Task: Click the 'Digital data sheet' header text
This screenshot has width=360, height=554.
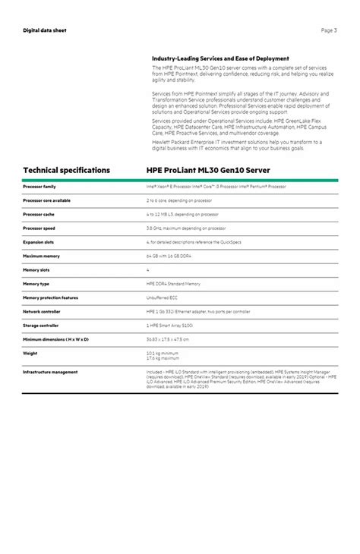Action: coord(45,30)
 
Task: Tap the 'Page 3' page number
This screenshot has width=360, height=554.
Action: coord(329,30)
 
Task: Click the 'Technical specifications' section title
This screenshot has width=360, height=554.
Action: coord(67,170)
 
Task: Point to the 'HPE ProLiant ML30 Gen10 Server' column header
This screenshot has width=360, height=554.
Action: coord(208,170)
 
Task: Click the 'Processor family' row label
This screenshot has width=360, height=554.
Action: coord(39,186)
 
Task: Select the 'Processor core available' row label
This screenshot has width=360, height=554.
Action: coord(47,200)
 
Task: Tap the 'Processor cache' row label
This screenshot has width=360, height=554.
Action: coord(39,214)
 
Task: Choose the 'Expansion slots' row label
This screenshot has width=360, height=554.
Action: coord(39,242)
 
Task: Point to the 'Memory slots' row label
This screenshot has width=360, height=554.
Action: coord(36,269)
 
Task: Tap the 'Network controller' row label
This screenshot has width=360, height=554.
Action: coord(42,311)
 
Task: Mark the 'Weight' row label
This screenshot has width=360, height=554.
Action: coord(30,352)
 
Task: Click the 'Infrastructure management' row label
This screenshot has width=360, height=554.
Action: coord(50,372)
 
